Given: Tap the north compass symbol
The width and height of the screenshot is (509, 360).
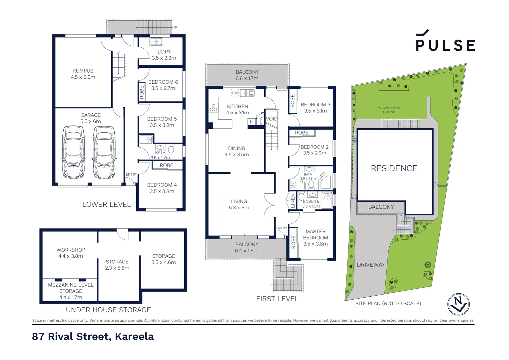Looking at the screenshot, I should (x=458, y=304).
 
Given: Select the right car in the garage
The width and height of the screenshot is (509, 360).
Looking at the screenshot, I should (x=104, y=152).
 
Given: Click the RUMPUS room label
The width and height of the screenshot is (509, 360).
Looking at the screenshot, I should (x=83, y=71).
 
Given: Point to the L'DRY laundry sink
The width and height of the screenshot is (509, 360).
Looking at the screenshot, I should (x=156, y=42).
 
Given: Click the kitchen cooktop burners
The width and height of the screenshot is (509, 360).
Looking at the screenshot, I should (x=214, y=108).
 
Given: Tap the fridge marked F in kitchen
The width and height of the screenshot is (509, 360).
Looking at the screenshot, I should (x=251, y=122).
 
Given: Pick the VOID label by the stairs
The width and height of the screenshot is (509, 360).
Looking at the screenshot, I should (x=272, y=119).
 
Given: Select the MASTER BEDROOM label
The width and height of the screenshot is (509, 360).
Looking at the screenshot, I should (x=315, y=234).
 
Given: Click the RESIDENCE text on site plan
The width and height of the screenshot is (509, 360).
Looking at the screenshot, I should (x=394, y=168).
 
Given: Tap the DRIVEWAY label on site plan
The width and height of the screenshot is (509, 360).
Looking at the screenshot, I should (x=371, y=265).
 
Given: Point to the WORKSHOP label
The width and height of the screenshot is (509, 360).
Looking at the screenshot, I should (x=71, y=250).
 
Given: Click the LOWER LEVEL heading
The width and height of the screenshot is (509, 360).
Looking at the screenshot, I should (x=107, y=204).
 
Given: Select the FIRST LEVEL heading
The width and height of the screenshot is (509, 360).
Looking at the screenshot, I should (x=277, y=299).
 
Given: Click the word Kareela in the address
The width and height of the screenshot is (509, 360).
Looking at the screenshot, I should (x=134, y=336).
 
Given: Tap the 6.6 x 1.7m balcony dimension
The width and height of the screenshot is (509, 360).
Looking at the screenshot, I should (x=247, y=78).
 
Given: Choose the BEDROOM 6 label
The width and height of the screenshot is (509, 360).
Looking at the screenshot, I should (x=163, y=82).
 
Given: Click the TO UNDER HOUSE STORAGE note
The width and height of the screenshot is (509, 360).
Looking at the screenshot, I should (x=389, y=110).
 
